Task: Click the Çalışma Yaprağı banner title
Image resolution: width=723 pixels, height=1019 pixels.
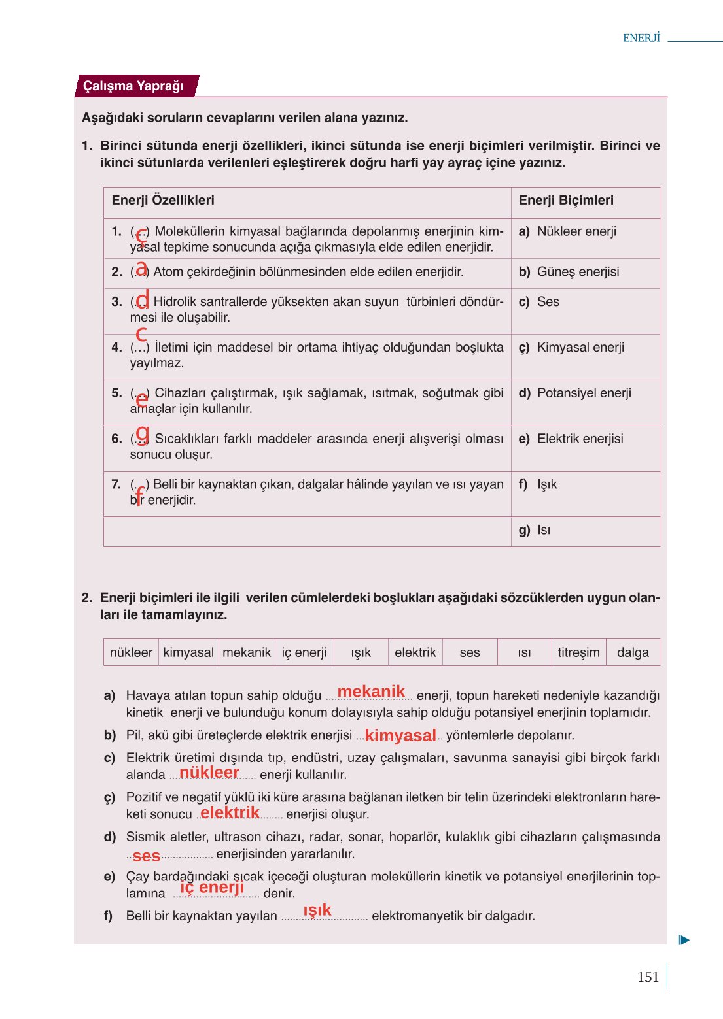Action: pos(133,86)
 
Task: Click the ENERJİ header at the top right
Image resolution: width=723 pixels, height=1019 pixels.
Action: pos(641,38)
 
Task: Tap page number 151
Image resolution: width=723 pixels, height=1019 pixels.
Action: pos(648,977)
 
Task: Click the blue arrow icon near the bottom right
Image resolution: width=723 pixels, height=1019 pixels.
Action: pos(684,940)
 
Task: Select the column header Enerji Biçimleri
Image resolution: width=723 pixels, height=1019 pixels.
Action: pos(566,200)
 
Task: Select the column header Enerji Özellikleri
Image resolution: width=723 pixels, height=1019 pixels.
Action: pos(163,200)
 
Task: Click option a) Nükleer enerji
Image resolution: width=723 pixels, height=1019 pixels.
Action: pos(567,231)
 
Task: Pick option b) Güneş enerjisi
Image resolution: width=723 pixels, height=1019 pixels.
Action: pos(569,272)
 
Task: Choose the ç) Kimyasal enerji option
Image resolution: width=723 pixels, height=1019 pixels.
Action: pos(571,347)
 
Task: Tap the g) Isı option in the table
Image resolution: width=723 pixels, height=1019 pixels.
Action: pos(535,530)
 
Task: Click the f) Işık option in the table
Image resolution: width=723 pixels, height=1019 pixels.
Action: pos(538,484)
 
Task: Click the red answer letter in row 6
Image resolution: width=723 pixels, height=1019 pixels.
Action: pos(143,432)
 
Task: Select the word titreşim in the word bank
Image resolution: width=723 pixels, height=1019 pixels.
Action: pos(578,652)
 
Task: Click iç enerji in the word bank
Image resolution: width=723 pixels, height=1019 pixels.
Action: pos(304,652)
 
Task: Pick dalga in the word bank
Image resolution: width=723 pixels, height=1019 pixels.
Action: pos(633,652)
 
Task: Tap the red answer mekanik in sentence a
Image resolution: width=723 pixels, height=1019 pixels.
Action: pos(371,692)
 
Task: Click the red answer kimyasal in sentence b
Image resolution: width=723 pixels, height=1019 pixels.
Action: pos(400,735)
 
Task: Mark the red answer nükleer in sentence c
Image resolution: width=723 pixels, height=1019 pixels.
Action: pos(209,773)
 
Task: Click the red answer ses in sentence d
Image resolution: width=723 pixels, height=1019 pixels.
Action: pos(147,856)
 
